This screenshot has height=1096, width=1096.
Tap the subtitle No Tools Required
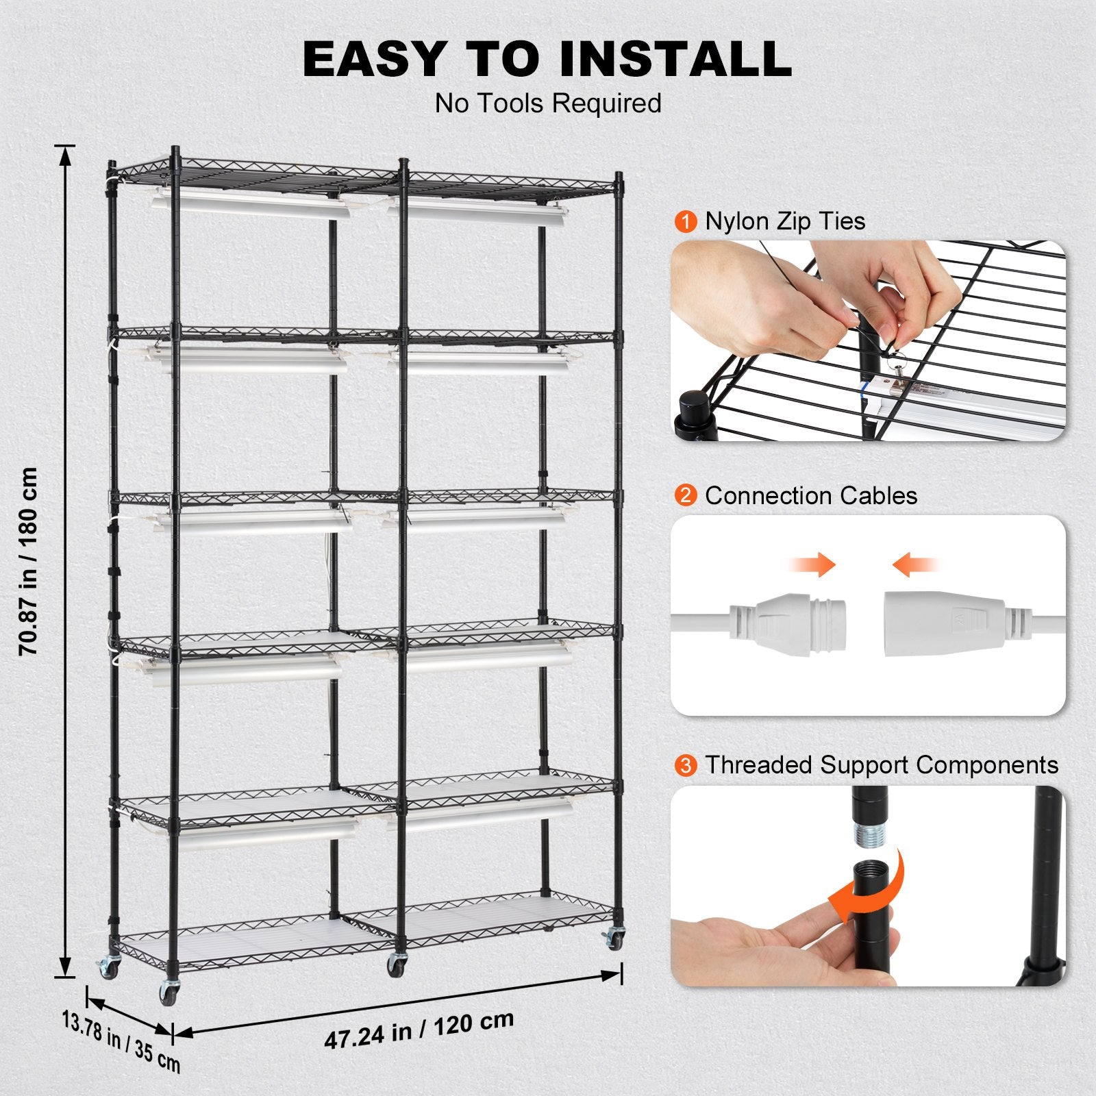point(548,103)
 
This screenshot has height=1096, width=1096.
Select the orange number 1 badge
point(686,222)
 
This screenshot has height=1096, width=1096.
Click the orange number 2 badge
point(686,495)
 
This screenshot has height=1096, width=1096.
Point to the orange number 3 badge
point(686,765)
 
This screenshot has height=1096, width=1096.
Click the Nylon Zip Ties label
point(785,221)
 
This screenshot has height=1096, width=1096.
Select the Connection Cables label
point(811,495)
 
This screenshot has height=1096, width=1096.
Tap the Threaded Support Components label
point(882,764)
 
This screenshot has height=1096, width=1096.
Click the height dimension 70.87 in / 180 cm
point(29,562)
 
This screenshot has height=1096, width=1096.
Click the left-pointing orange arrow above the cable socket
point(917,566)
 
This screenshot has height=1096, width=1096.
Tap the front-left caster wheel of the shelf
point(168,993)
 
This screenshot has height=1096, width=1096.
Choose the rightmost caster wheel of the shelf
point(614,937)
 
